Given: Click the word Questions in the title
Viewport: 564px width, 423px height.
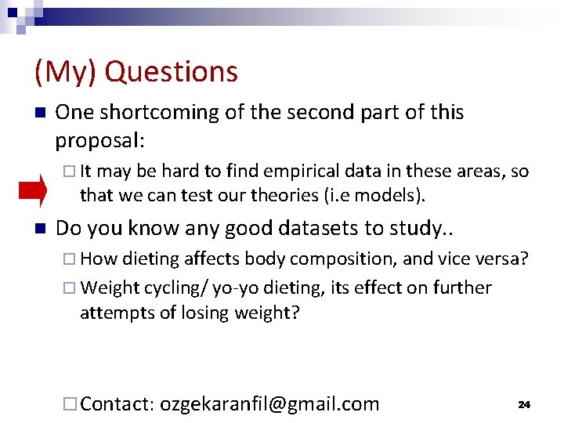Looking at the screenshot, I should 171,71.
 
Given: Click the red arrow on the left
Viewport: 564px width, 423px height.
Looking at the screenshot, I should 33,190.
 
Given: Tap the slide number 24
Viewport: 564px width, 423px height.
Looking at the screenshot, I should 524,404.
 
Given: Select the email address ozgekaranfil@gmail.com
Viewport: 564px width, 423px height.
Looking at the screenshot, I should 269,404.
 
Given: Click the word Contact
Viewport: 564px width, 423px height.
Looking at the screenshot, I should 117,404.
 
